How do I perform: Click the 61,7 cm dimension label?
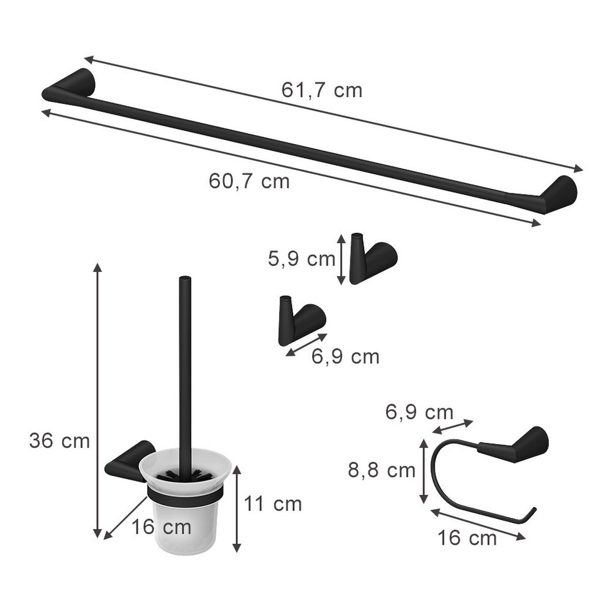pyautogui.click(x=322, y=90)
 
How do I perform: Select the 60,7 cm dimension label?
pyautogui.click(x=249, y=181)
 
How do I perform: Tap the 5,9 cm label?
pyautogui.click(x=301, y=259)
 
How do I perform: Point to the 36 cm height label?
pyautogui.click(x=59, y=441)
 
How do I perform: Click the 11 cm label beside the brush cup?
pyautogui.click(x=273, y=504)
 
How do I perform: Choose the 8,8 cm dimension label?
pyautogui.click(x=382, y=470)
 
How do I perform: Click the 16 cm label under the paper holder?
pyautogui.click(x=467, y=538)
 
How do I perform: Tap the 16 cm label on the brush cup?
pyautogui.click(x=161, y=526)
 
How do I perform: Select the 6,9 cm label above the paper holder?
pyautogui.click(x=419, y=411)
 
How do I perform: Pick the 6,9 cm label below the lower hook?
pyautogui.click(x=346, y=356)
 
